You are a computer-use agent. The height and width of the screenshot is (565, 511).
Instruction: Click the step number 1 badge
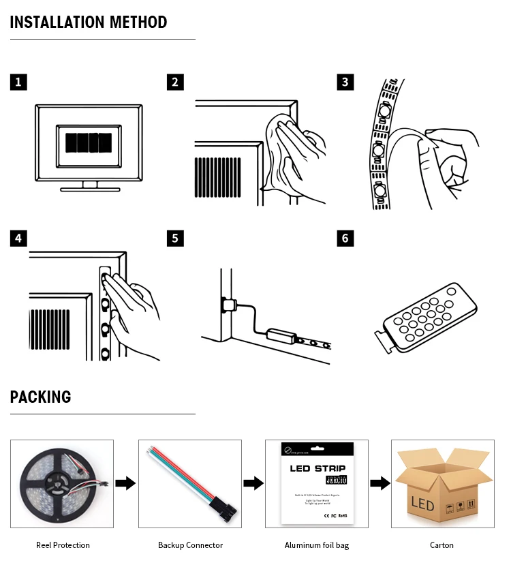click(x=19, y=82)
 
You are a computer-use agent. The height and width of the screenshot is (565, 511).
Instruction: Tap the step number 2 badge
click(x=175, y=82)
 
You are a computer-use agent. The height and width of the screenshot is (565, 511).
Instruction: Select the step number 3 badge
click(x=345, y=82)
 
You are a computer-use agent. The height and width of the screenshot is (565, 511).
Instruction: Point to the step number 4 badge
click(x=19, y=238)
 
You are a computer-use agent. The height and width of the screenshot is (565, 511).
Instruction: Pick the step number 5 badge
click(x=175, y=238)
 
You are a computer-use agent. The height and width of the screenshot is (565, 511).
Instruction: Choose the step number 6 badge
click(x=345, y=238)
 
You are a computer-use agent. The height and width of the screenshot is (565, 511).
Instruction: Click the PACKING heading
click(x=40, y=397)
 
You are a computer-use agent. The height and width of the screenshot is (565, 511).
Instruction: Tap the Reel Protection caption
click(x=63, y=545)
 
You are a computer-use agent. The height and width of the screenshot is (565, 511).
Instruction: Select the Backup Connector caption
click(x=190, y=545)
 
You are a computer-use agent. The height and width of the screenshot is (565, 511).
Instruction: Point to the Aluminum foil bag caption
click(x=316, y=545)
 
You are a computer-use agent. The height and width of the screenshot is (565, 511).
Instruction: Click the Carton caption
click(x=442, y=545)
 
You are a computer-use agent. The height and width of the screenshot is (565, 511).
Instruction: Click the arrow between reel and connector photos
click(x=125, y=483)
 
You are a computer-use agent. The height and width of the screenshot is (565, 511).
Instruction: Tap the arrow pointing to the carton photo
click(x=380, y=483)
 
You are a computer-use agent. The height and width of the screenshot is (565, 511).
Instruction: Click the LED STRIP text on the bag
click(x=318, y=468)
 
